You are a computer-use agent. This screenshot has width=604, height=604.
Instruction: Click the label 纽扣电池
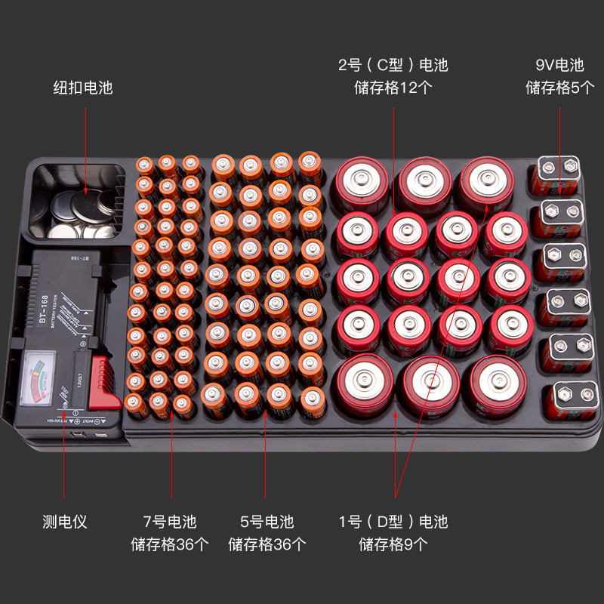(x=83, y=88)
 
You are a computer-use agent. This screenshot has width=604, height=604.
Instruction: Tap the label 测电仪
(x=65, y=522)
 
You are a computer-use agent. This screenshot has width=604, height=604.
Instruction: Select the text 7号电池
(x=170, y=522)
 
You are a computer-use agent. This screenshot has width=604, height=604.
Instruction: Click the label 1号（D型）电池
(x=393, y=522)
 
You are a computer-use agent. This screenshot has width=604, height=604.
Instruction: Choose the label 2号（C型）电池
(x=393, y=65)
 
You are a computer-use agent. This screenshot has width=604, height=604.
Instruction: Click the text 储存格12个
(x=393, y=88)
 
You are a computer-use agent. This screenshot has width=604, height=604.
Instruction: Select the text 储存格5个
(x=559, y=88)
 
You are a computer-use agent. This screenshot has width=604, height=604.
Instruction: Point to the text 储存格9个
(x=393, y=544)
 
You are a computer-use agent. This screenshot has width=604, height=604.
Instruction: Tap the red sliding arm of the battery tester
(x=103, y=380)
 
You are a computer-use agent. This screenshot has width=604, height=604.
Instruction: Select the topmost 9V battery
(x=557, y=174)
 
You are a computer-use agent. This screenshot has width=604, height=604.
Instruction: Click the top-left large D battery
(x=362, y=183)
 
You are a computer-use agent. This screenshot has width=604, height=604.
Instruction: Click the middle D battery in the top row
(x=425, y=183)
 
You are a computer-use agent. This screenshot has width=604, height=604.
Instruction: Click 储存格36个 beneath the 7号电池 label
(x=170, y=544)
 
